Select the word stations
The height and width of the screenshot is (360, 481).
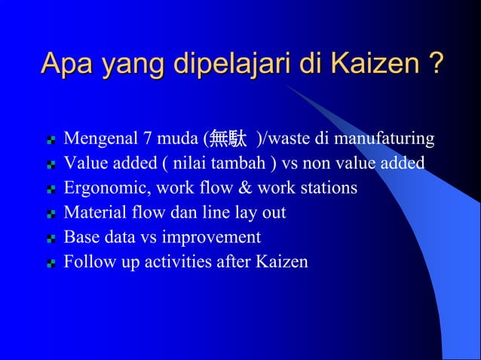coord(327,188)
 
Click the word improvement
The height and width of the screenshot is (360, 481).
coord(213,237)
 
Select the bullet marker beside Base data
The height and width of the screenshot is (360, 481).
coord(51,239)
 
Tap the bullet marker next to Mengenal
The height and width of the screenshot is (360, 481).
coord(51,141)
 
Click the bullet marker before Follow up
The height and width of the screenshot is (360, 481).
coord(51,264)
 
